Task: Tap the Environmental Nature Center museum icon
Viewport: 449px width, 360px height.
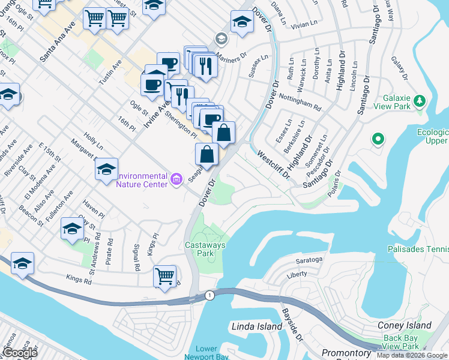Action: (x=176, y=179)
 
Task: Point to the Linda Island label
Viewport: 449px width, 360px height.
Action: (x=256, y=326)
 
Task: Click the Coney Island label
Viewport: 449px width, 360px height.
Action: (x=405, y=325)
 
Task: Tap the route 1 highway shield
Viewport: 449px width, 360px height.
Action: (x=209, y=295)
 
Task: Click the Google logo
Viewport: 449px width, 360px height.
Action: (x=19, y=353)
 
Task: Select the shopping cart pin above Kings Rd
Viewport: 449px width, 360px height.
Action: (x=164, y=277)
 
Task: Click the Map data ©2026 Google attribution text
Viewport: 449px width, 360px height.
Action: (x=412, y=355)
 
